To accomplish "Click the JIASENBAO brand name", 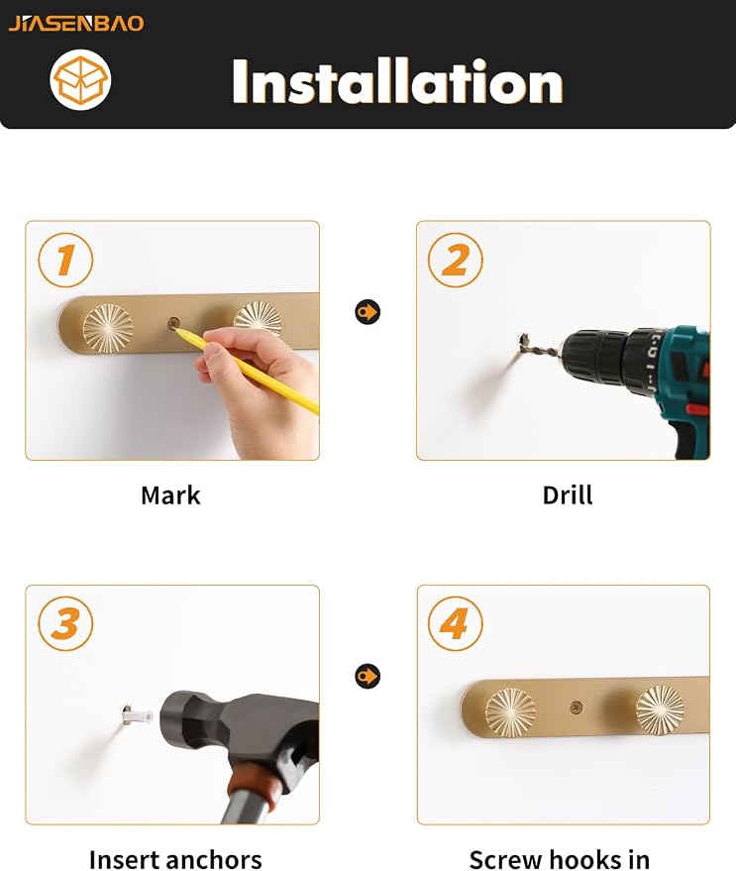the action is pos(76,24).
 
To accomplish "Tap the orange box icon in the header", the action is pos(80,79).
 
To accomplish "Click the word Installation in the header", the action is pos(397,81).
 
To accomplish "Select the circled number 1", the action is pos(65,260).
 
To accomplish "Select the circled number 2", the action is pos(456,260).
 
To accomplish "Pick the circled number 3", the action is pos(65,622).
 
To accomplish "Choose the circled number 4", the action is pos(456,622).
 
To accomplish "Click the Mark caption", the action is pos(170,495).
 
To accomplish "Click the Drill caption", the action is pos(568,495).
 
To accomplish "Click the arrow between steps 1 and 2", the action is pos(368,311).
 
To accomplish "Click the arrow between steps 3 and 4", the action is pos(368,676).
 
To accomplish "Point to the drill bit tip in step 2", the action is pos(523,337).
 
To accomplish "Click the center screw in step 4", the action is pos(577,707).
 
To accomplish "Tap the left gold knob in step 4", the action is pos(510,712).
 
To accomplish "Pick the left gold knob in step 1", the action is pos(108,328).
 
